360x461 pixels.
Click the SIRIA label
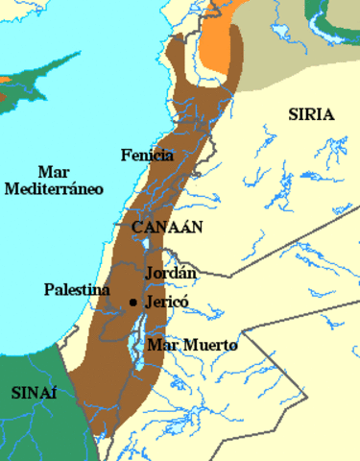(x=310, y=114)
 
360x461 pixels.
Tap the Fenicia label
(x=147, y=155)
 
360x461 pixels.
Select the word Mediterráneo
(x=54, y=189)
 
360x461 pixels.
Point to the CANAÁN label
(x=153, y=226)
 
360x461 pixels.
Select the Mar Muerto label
(x=192, y=345)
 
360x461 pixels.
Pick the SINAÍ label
(x=34, y=393)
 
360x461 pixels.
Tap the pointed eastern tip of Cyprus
(x=78, y=56)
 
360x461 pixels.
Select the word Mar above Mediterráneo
(x=54, y=172)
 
